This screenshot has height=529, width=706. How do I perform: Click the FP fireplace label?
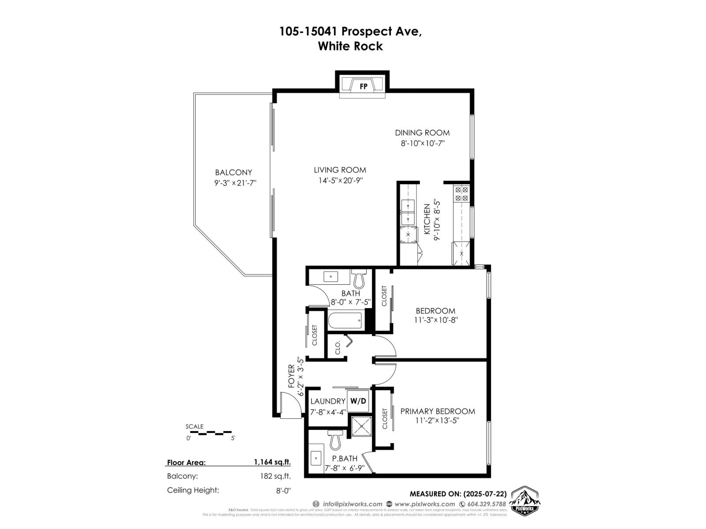364,86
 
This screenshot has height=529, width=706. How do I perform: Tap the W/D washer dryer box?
358,401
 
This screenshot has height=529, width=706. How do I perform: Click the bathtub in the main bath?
345,320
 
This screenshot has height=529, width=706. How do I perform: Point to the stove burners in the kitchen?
462,194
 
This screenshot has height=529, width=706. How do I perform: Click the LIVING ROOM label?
340,170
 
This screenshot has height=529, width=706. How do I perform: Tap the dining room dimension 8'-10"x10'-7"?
422,143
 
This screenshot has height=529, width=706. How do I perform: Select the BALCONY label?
233,172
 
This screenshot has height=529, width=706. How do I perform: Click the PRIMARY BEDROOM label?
437,411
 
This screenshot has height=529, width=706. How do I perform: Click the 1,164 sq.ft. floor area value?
272,462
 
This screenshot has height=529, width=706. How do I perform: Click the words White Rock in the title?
350,46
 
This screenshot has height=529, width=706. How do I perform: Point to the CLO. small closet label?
338,348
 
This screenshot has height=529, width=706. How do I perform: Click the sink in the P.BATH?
316,458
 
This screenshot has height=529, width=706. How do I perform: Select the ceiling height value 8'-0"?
282,490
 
